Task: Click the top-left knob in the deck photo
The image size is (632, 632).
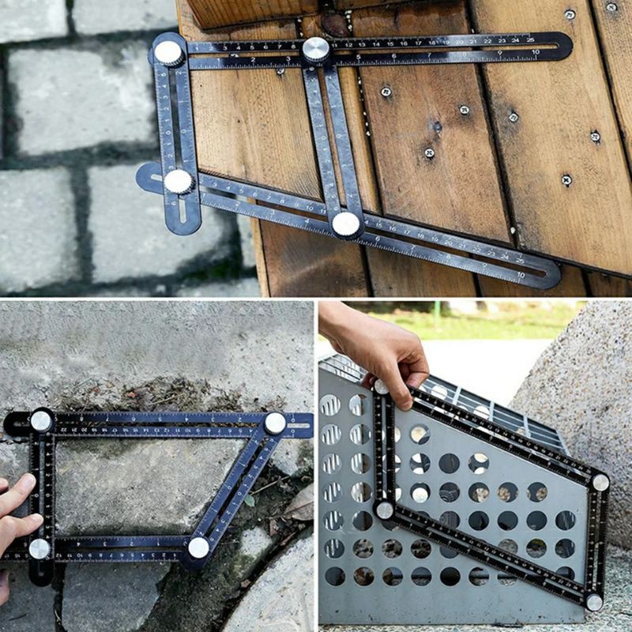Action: coord(168,53)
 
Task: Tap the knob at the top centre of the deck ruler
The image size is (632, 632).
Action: coord(316,49)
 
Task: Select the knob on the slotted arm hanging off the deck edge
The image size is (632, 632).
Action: coord(179,182)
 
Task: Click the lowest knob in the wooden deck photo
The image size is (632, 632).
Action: coord(345,224)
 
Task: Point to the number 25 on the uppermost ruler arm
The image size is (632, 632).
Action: coord(515,39)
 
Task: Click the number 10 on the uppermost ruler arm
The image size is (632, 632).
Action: coord(535,52)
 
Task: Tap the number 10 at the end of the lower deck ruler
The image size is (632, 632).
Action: coord(521,274)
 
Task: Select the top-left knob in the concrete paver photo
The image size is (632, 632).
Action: coord(41,421)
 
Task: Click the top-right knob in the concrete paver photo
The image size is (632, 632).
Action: coord(275,423)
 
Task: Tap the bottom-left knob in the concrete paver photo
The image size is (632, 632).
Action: coord(39,547)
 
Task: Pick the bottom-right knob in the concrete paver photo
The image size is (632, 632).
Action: coord(198,547)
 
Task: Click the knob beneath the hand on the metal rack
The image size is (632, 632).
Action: coord(382,387)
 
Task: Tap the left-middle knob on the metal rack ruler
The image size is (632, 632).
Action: coord(385,510)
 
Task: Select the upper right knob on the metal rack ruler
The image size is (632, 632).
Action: coord(600,482)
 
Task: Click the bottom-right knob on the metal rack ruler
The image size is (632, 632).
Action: coord(593,603)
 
